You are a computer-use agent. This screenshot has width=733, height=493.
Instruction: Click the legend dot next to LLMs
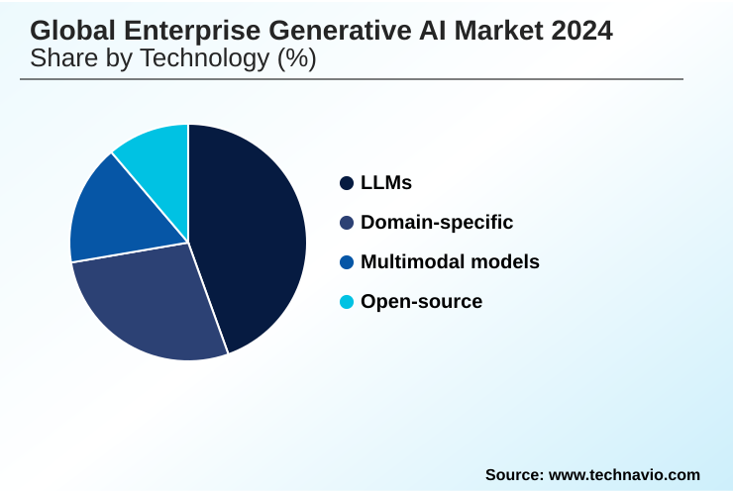coord(346,183)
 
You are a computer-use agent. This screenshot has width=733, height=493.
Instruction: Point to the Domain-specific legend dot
coord(346,223)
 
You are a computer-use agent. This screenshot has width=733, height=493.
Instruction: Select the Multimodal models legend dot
coord(346,262)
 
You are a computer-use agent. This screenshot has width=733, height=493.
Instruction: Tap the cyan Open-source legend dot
coord(346,302)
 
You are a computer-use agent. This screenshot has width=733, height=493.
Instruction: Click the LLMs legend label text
coord(386,183)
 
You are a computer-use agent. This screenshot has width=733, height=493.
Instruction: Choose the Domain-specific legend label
coord(437,223)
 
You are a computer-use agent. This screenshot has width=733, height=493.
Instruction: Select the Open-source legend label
coord(422,302)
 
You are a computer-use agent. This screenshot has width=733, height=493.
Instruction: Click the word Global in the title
coord(66,31)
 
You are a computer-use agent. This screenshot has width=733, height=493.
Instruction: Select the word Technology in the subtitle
coord(202,58)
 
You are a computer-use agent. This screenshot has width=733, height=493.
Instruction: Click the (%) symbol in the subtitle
coord(295,58)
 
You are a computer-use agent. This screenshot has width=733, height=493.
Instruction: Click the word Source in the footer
coord(512,475)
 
